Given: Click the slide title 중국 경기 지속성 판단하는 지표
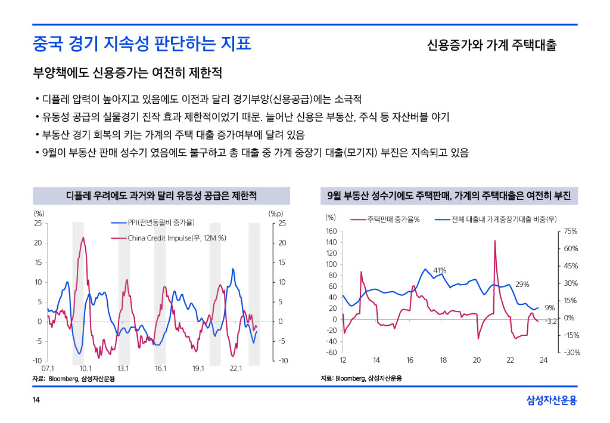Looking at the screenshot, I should click(x=142, y=44).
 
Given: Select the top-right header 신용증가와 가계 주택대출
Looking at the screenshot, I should click(x=491, y=45).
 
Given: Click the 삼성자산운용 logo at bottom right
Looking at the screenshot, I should click(x=552, y=400).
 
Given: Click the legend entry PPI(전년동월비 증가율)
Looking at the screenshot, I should click(x=161, y=223).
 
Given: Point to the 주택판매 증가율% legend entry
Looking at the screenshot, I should click(x=393, y=219).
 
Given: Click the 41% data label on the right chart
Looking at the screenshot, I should click(x=440, y=271).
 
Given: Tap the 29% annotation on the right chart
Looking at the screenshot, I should click(x=522, y=284).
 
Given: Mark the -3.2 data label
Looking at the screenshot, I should click(x=551, y=322).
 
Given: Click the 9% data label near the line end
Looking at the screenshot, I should click(x=550, y=308).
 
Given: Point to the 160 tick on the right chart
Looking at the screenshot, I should click(x=331, y=231).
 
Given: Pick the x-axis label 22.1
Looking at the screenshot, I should click(x=236, y=368).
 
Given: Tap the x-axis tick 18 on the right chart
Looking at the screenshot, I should click(x=443, y=360).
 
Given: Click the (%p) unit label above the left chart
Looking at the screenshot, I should click(x=276, y=213).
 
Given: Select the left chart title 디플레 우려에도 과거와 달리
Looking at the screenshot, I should click(x=161, y=196).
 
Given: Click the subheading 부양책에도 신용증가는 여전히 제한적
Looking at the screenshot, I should click(x=127, y=74).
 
